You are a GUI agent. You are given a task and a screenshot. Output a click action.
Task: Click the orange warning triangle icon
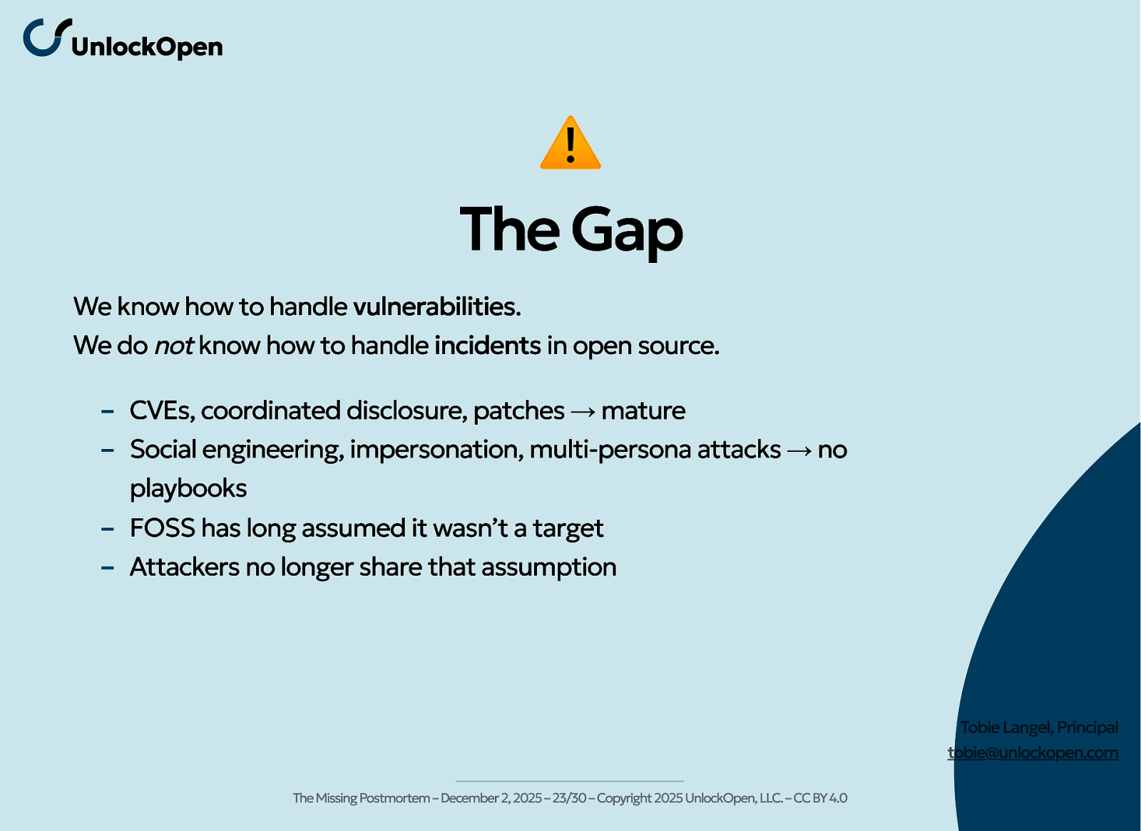tap(570, 143)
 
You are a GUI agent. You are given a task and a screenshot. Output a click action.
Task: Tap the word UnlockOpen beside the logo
tap(147, 47)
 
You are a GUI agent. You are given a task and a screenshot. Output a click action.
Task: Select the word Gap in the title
tap(627, 231)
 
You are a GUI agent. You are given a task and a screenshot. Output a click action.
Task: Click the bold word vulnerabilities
tap(436, 306)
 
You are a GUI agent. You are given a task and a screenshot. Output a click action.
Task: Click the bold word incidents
tap(488, 346)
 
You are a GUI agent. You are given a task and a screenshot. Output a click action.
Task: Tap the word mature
tap(643, 411)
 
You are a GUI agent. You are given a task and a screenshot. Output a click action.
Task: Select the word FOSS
tap(163, 528)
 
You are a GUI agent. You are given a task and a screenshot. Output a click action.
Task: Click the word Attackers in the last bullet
tap(185, 567)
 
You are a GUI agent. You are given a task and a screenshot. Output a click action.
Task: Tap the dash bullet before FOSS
tap(108, 529)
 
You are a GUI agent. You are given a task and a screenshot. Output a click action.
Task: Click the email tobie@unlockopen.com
tap(1033, 753)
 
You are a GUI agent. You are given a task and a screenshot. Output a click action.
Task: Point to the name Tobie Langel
tap(1006, 728)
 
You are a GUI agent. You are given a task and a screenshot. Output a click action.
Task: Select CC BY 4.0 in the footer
tap(820, 798)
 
